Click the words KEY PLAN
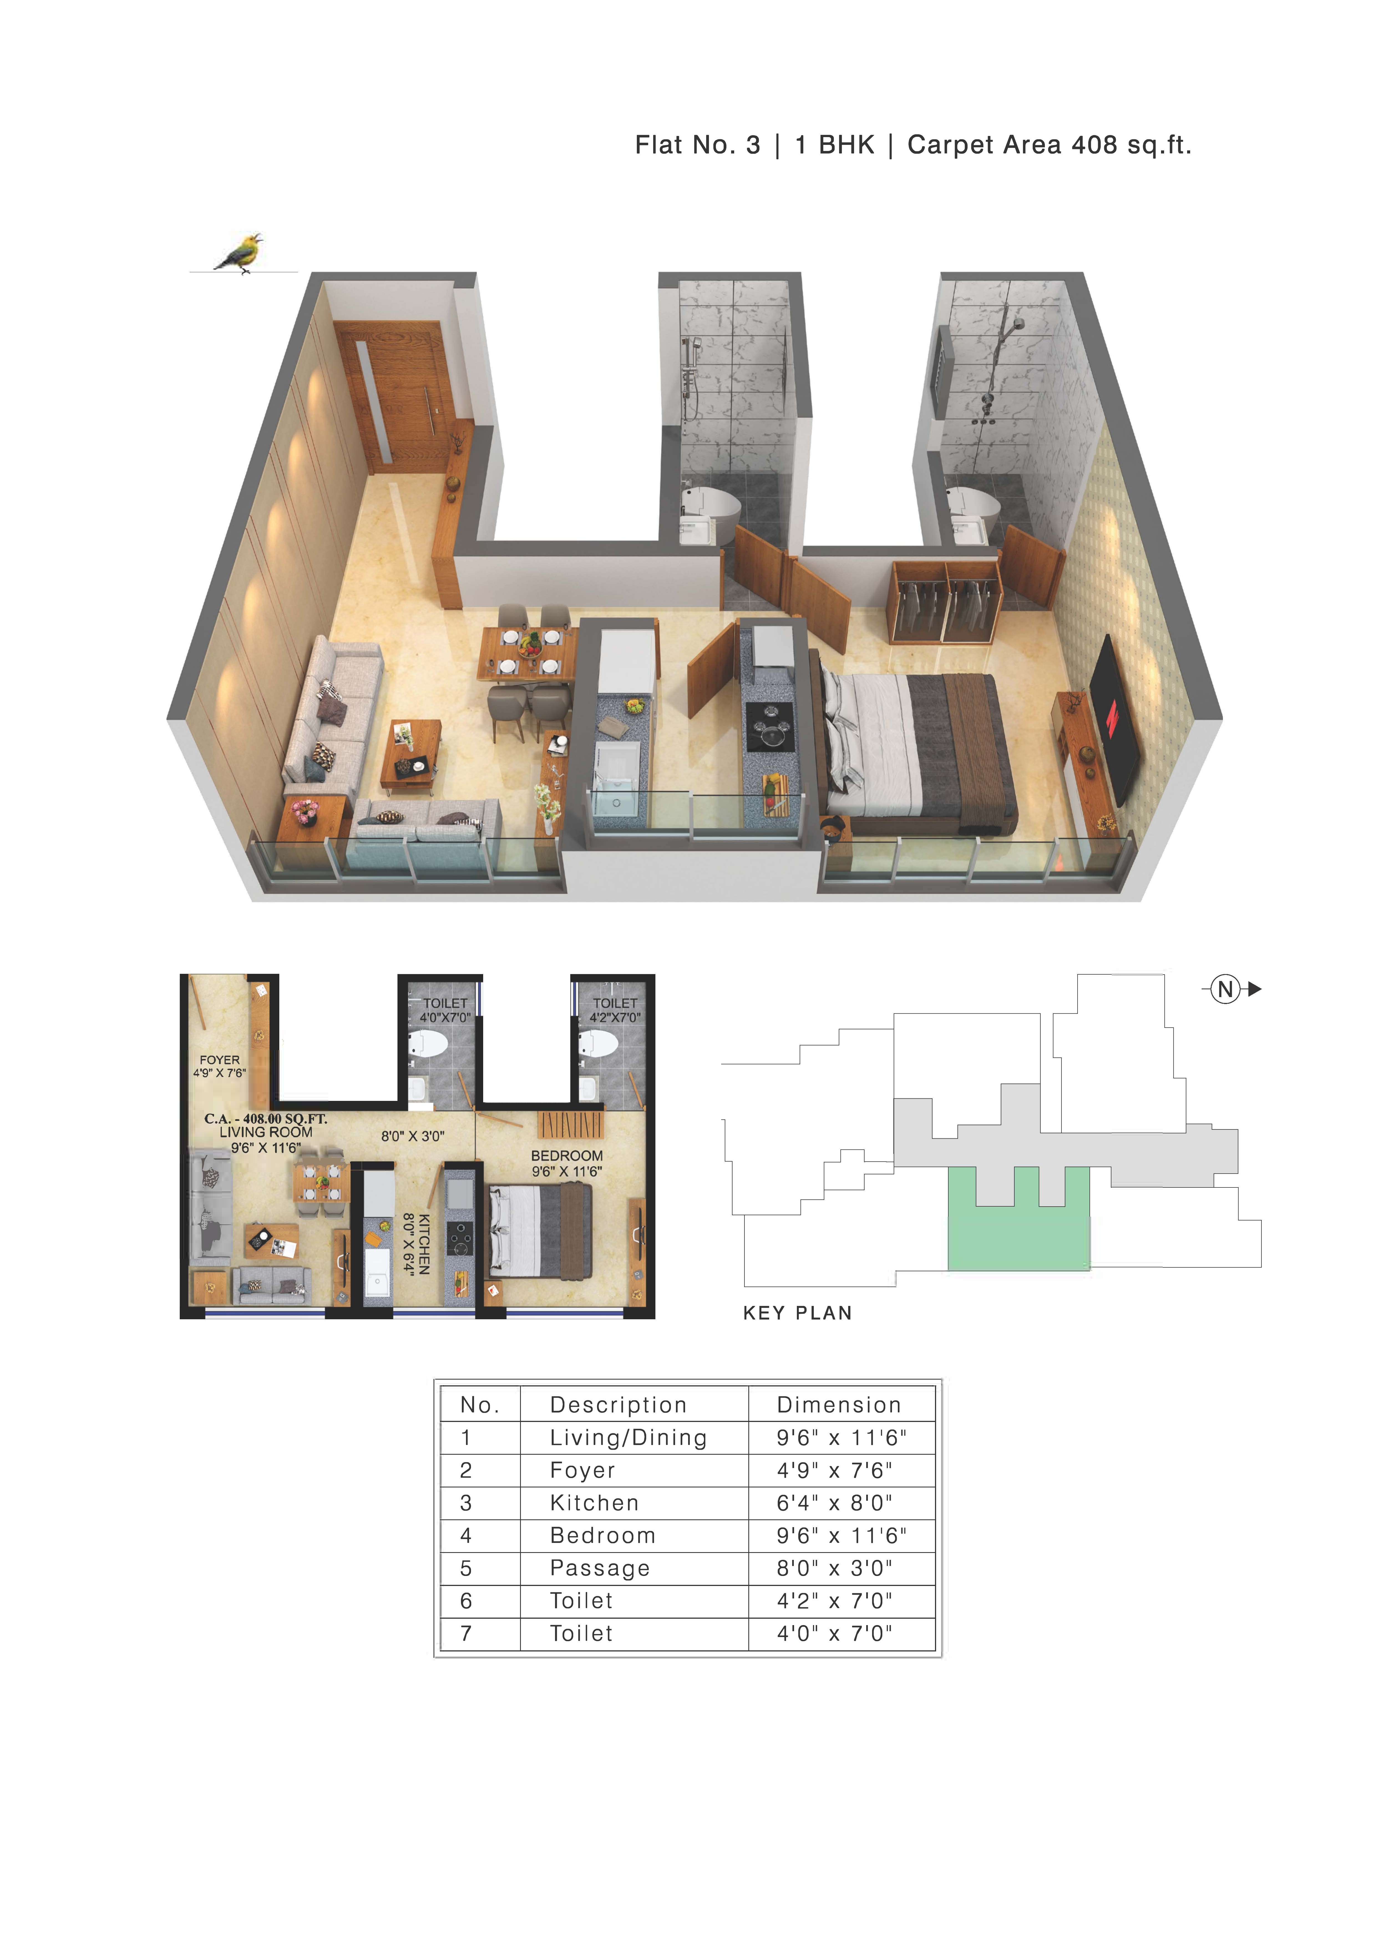797,1313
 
